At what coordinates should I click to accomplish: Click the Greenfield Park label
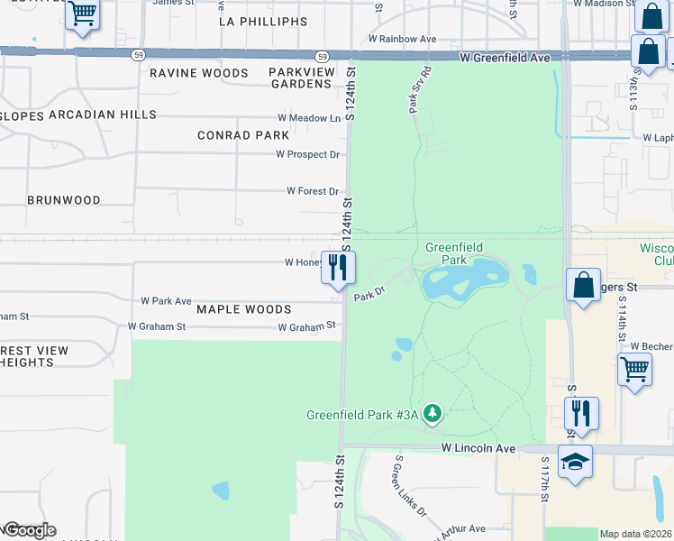click(x=453, y=253)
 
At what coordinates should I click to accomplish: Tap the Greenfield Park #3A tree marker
click(x=433, y=414)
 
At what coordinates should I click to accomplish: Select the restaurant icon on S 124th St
click(x=338, y=267)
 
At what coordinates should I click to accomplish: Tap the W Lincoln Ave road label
click(x=477, y=448)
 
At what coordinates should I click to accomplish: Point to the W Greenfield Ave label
click(x=504, y=57)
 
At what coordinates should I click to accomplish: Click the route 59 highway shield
click(x=137, y=55)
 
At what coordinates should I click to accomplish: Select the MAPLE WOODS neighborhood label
click(x=232, y=309)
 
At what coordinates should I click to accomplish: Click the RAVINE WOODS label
click(x=198, y=73)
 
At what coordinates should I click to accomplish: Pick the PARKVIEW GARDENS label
click(x=302, y=78)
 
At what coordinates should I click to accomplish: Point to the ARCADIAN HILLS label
click(x=103, y=115)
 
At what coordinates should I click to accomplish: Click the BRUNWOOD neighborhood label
click(x=63, y=200)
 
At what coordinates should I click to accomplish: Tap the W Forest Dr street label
click(x=312, y=191)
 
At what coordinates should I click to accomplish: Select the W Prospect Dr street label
click(x=307, y=154)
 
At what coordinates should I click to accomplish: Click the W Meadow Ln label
click(x=309, y=118)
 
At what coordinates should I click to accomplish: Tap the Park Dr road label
click(x=369, y=295)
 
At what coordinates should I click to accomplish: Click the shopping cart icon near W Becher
click(x=635, y=369)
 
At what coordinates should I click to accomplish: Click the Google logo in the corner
click(x=29, y=530)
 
